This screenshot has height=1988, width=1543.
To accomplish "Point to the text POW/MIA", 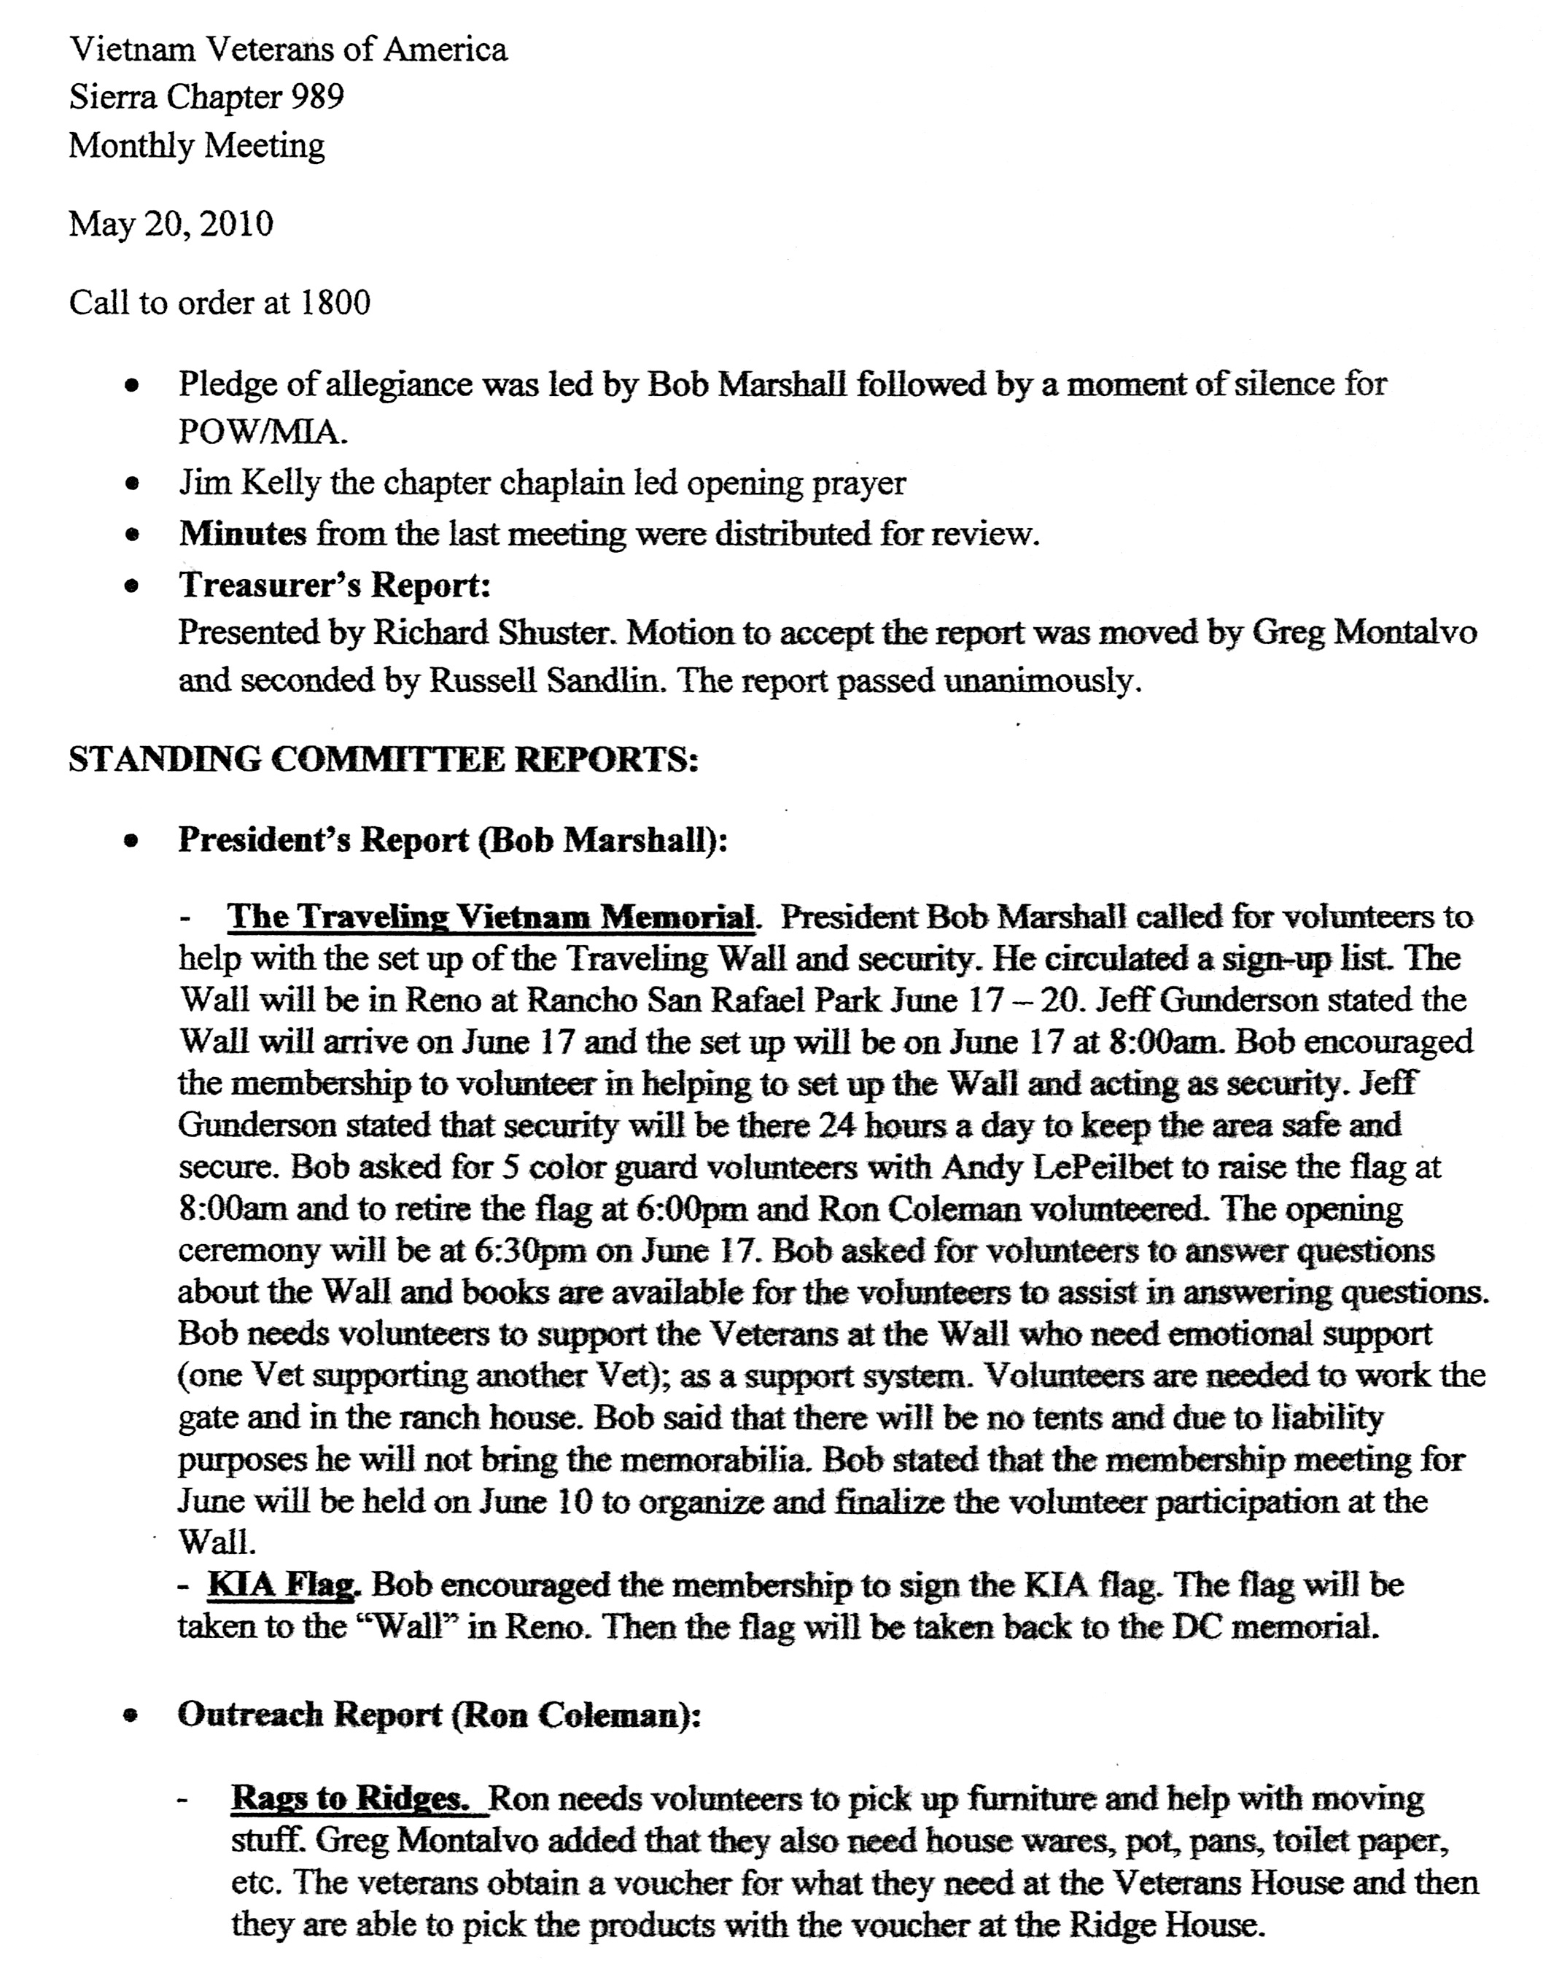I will tap(263, 432).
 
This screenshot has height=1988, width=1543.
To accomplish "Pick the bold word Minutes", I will tap(243, 533).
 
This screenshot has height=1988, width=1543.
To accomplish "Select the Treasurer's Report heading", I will tap(334, 584).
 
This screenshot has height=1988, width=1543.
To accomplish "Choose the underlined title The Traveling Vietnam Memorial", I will tap(491, 917).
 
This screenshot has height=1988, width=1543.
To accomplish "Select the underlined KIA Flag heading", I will tap(284, 1585).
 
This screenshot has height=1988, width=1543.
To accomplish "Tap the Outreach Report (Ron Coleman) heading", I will tap(439, 1715).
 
